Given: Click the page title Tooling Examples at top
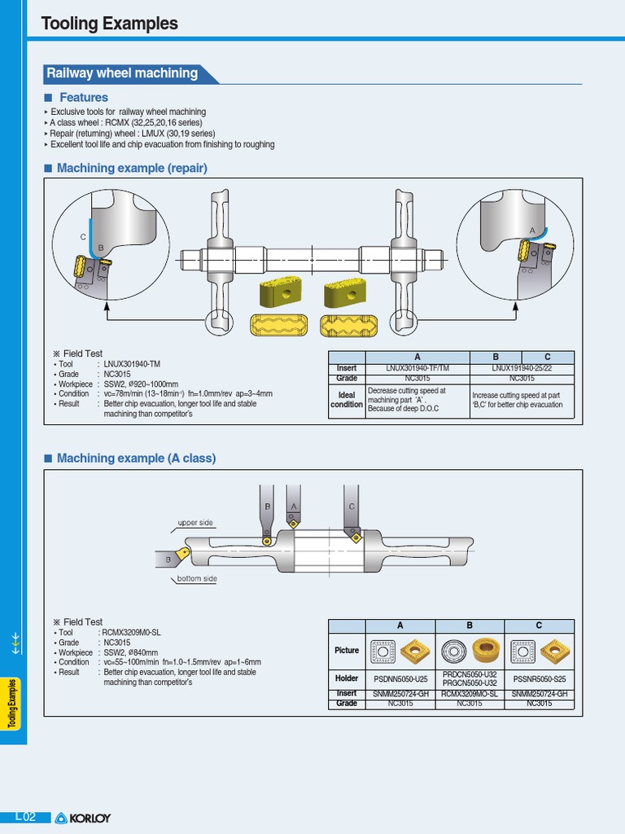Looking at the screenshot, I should tap(109, 24).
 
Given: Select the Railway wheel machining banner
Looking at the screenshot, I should tap(122, 73).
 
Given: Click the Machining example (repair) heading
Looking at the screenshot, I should tap(131, 168).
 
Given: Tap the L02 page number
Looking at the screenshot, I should tap(26, 817).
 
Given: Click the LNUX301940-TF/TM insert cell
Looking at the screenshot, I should tap(417, 368).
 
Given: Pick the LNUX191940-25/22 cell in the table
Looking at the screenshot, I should tap(522, 368).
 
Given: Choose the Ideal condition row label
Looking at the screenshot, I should tap(347, 400).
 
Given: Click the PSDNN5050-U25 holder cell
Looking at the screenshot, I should tap(400, 678).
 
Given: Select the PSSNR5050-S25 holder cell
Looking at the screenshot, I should tap(539, 678).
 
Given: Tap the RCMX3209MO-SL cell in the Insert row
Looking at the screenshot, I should tap(470, 694).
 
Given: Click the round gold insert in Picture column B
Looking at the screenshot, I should tap(487, 652).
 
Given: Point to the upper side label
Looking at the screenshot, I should tap(195, 522).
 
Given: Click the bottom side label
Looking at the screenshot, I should tap(197, 578).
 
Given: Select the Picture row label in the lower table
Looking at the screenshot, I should tap(347, 650).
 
